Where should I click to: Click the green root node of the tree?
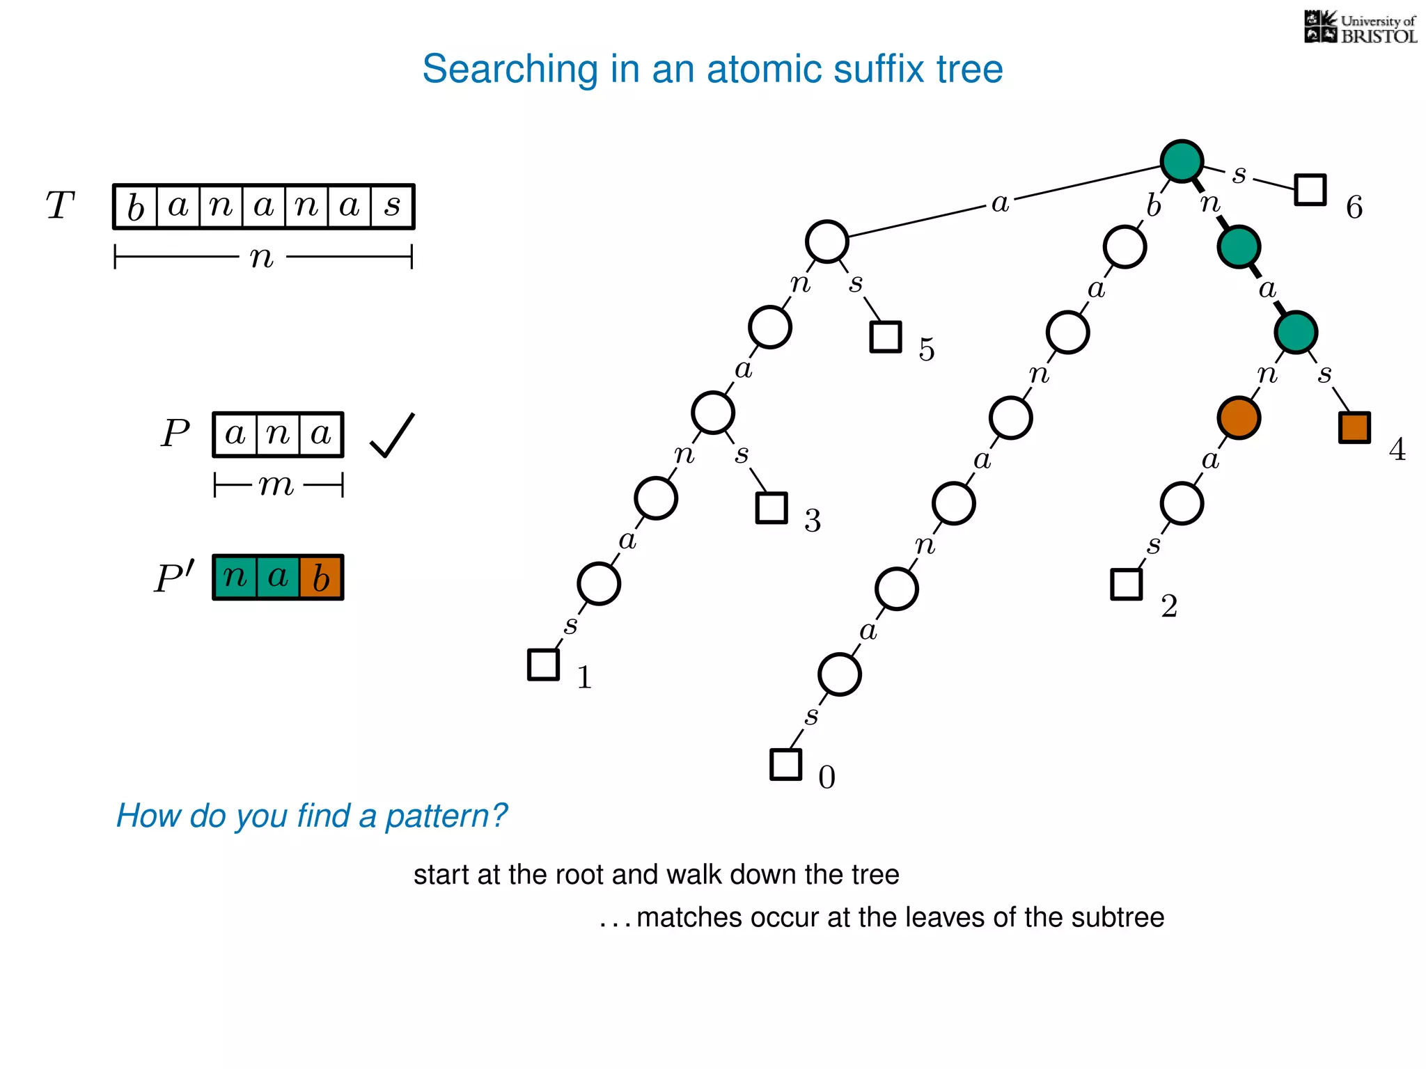click(x=1182, y=161)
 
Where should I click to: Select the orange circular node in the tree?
click(x=1239, y=418)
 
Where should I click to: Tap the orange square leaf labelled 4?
click(x=1354, y=427)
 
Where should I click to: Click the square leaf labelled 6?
click(x=1310, y=189)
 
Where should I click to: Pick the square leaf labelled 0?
click(x=785, y=764)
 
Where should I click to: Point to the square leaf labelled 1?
click(x=543, y=664)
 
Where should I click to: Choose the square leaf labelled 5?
click(x=886, y=337)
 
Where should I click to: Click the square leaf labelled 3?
click(x=771, y=507)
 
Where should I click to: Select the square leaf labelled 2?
click(x=1126, y=584)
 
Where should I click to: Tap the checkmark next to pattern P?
click(x=392, y=436)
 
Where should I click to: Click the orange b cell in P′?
click(x=321, y=578)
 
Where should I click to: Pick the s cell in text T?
click(x=393, y=207)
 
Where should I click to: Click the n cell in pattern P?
click(x=278, y=435)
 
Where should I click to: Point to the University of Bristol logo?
click(x=1360, y=28)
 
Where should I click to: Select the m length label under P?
click(x=276, y=485)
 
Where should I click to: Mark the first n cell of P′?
click(x=235, y=578)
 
